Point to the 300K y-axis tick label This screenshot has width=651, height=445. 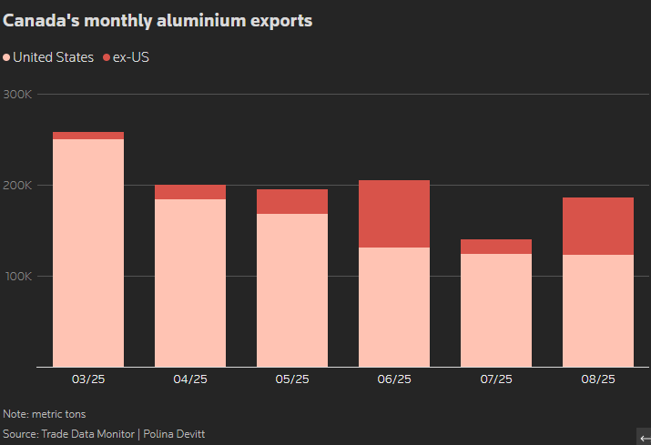18,95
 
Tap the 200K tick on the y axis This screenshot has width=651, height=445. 18,186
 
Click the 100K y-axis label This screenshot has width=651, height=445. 18,277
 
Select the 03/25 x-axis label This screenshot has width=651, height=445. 88,379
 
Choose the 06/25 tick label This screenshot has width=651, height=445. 394,379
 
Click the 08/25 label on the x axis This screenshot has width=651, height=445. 598,379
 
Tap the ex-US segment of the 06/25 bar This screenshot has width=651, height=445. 394,214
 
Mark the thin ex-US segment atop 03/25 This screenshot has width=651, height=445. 88,136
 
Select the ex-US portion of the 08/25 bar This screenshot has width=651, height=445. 598,226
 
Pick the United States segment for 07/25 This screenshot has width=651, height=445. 496,310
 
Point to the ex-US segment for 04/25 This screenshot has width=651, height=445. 190,192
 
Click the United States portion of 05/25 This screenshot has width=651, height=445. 292,290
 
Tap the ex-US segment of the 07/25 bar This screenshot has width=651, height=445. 496,247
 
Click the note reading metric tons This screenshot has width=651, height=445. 45,414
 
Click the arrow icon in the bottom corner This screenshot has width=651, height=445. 643,437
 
